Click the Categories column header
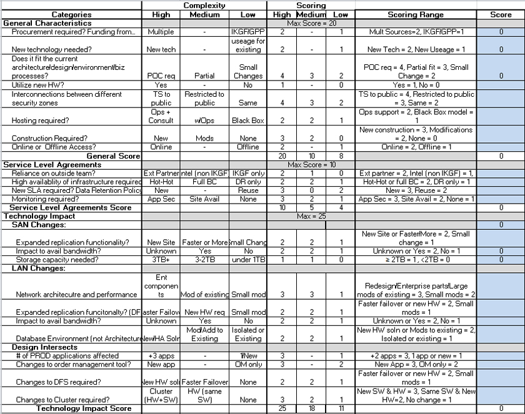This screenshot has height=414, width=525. pyautogui.click(x=71, y=14)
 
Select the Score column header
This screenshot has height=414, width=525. pyautogui.click(x=501, y=14)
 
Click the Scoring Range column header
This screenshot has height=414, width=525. pyautogui.click(x=416, y=14)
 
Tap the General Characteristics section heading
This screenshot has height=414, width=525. pyautogui.click(x=47, y=23)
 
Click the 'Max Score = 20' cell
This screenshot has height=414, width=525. pyautogui.click(x=311, y=23)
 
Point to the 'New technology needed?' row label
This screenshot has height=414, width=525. pyautogui.click(x=46, y=49)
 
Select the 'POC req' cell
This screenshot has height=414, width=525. pyautogui.click(x=161, y=76)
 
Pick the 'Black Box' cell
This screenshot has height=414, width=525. pyautogui.click(x=249, y=121)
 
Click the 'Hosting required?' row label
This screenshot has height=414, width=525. pyautogui.click(x=41, y=121)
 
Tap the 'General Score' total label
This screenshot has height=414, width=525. pyautogui.click(x=113, y=155)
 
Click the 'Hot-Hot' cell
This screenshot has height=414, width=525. pyautogui.click(x=161, y=182)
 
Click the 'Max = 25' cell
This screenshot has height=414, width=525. pyautogui.click(x=311, y=216)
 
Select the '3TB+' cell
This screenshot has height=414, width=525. pyautogui.click(x=161, y=259)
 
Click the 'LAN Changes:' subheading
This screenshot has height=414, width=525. pyautogui.click(x=39, y=268)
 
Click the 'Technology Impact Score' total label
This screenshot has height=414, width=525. pyautogui.click(x=84, y=408)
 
